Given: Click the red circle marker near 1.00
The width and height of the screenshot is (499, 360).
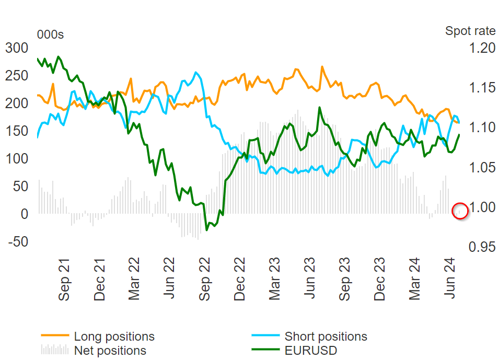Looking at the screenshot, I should tap(460, 211).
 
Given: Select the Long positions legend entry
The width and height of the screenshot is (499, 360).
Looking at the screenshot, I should tap(114, 336).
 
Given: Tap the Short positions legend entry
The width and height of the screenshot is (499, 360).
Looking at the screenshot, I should tap(326, 336).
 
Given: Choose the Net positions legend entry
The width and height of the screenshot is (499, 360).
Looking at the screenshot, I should tap(110, 350).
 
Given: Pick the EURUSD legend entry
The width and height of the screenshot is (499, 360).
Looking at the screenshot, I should tap(310, 350).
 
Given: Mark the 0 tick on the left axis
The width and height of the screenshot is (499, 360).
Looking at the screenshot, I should tap(22, 214).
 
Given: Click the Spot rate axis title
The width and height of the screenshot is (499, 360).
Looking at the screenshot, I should tap(470, 31).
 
